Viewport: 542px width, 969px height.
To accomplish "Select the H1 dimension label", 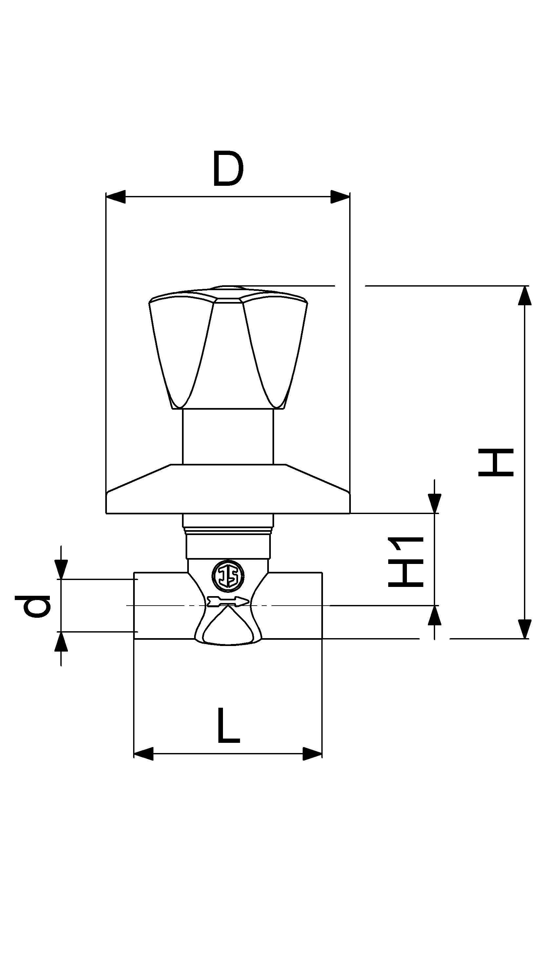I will click(406, 561).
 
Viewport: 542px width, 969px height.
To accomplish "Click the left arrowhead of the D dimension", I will click(116, 197).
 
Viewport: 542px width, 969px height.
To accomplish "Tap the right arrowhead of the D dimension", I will click(340, 197).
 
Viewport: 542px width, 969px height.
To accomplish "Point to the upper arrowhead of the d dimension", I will click(61, 570).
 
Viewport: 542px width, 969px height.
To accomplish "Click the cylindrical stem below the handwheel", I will click(228, 436).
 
